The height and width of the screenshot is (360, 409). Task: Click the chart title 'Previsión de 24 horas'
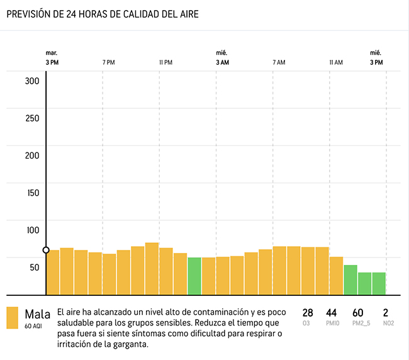[x=103, y=14]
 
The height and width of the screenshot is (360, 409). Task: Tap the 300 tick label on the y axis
[x=32, y=81]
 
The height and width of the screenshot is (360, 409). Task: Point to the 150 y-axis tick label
[x=32, y=193]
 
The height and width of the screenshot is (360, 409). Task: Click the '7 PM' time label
[x=108, y=62]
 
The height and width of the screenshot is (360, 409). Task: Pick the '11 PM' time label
[x=165, y=62]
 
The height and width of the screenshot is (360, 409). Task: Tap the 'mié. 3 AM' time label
[x=222, y=58]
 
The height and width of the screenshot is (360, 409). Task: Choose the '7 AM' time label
[x=279, y=62]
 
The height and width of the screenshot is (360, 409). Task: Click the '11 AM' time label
[x=335, y=62]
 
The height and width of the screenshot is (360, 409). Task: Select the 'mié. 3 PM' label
[x=376, y=58]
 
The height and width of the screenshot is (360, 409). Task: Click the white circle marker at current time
[x=46, y=250]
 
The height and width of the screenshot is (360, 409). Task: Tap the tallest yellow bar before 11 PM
[x=152, y=269]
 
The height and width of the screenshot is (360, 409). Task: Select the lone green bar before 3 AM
[x=194, y=276]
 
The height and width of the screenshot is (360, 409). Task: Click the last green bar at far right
[x=379, y=283]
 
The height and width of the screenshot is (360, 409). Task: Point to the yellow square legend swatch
[x=12, y=318]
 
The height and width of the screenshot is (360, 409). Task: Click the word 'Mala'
[x=38, y=313]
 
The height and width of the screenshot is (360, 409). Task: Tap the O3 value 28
[x=308, y=313]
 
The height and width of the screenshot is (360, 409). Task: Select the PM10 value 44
[x=332, y=313]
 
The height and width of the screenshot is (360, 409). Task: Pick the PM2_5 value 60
[x=357, y=313]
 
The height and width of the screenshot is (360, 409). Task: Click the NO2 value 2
[x=386, y=313]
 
